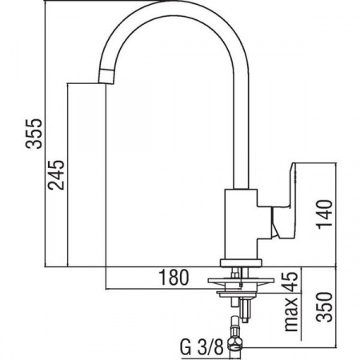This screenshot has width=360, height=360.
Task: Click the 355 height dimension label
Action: coord(34,134)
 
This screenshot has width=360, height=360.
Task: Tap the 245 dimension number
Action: coord(56,174)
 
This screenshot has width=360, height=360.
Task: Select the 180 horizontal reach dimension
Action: coord(174,278)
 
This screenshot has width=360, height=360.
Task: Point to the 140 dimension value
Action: coord(325,214)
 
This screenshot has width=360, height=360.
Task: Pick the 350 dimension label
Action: coord(325,307)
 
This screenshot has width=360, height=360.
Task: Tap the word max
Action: coord(290,314)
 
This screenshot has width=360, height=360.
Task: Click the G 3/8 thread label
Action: coord(202,347)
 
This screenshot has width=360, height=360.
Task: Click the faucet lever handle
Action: coord(282,200)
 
